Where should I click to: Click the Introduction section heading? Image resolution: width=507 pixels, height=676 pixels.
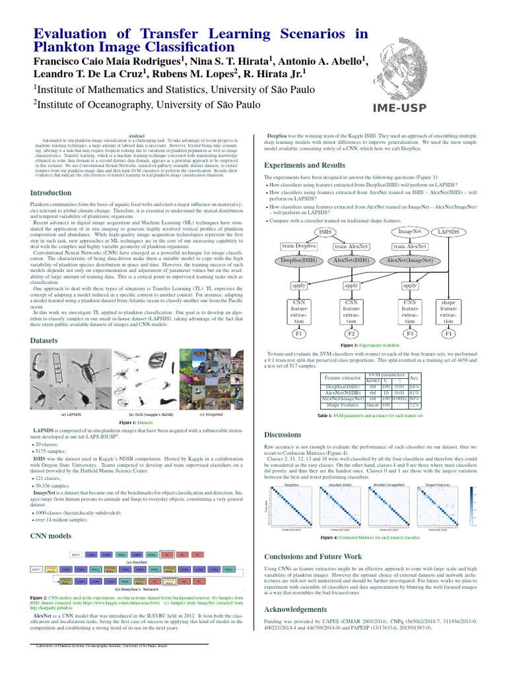[51, 193]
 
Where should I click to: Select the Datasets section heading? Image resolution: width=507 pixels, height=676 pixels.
[45, 340]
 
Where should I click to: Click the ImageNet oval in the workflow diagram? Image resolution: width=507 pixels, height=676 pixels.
[410, 232]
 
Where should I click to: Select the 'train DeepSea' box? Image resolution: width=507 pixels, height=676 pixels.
[298, 246]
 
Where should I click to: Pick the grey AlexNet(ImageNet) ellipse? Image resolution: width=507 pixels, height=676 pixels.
[409, 261]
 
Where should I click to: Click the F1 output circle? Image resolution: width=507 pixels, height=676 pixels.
[298, 334]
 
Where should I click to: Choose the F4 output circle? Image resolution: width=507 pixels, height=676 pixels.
[449, 334]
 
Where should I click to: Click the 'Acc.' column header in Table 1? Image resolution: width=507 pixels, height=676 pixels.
[414, 378]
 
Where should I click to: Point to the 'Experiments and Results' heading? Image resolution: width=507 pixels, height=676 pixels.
[304, 165]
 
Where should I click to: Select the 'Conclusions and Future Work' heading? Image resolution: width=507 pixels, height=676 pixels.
[313, 557]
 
